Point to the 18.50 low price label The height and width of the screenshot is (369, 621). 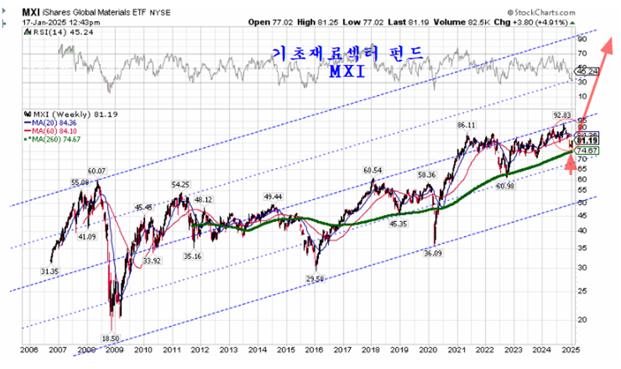point(111,338)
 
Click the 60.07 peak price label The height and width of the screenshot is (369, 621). point(97,170)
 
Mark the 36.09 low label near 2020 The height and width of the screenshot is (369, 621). point(434,253)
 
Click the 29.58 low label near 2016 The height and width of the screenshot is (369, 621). point(315,278)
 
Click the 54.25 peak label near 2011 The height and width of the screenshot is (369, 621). point(180,184)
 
